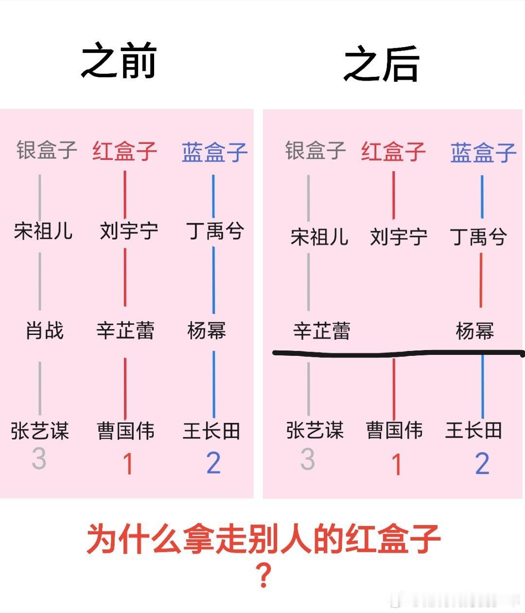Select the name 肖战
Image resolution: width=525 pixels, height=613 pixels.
[x=44, y=331]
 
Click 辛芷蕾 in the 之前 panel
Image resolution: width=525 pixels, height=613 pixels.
[x=125, y=331]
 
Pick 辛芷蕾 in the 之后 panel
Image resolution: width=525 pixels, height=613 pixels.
[x=322, y=331]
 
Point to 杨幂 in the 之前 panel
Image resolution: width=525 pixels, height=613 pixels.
[x=207, y=331]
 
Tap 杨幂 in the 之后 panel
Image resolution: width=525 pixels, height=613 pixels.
[x=475, y=331]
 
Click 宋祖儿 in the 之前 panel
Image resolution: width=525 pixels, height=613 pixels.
[x=43, y=230]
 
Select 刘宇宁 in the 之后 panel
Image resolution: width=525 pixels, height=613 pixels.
[x=399, y=237]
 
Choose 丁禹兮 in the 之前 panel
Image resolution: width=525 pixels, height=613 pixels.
[x=215, y=230]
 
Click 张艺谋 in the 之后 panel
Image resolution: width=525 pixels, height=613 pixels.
[x=315, y=430]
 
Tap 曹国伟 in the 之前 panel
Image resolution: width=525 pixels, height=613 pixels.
[x=126, y=431]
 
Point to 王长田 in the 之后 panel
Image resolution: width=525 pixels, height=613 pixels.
[x=473, y=430]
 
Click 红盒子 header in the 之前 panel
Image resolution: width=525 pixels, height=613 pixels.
[x=125, y=151]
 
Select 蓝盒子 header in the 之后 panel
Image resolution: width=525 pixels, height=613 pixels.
[x=483, y=153]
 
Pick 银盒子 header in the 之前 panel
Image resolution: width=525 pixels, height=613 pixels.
[x=47, y=150]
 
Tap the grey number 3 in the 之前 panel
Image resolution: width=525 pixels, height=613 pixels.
[x=39, y=458]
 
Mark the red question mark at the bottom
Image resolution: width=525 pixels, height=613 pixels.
[x=263, y=577]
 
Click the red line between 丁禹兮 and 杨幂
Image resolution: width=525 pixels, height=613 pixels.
[x=481, y=280]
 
